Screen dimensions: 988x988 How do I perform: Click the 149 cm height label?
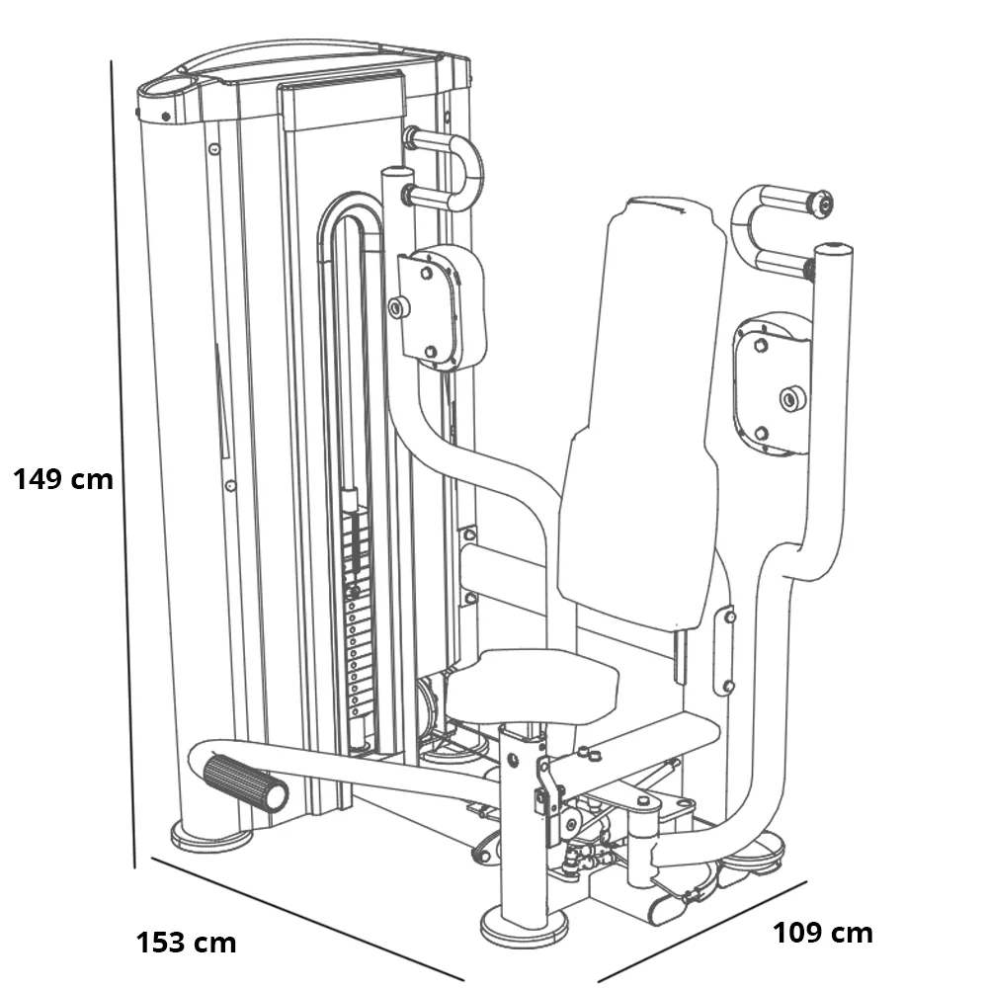63,480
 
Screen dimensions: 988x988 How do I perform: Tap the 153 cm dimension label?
186,942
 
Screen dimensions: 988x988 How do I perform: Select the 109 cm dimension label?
822,932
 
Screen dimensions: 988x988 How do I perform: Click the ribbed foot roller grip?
245,782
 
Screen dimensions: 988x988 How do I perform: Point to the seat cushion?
533,684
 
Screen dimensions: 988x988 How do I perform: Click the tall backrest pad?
647,415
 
